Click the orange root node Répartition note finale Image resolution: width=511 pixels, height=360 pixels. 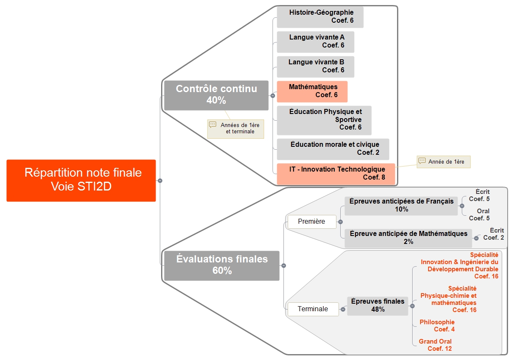tap(81, 180)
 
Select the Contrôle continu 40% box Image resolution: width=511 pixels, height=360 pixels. tap(216, 95)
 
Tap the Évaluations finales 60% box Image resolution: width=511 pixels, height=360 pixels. tap(222, 265)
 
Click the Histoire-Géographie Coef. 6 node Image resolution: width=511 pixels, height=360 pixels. tap(320, 17)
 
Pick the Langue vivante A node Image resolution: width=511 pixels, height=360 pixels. tap(315, 42)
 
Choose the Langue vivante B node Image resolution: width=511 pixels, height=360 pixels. tap(315, 66)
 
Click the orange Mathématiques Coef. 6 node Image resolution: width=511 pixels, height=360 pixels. tap(312, 91)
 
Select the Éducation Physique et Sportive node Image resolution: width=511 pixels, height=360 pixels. tap(324, 120)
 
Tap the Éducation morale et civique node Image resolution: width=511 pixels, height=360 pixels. tap(333, 149)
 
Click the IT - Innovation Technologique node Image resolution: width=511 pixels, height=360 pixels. tap(336, 174)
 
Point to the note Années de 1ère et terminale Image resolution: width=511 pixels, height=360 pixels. tap(236, 129)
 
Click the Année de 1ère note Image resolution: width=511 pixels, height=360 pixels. tap(444, 162)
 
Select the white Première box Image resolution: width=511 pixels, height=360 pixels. tap(311, 222)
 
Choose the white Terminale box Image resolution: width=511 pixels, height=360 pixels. tap(312, 309)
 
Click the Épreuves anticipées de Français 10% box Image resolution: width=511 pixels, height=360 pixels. tap(401, 206)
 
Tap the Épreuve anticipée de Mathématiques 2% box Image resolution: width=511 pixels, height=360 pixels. tap(408, 238)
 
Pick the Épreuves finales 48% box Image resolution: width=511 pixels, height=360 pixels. tap(377, 306)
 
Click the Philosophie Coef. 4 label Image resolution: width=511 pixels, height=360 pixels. tap(437, 326)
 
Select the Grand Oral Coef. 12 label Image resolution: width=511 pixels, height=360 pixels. tap(435, 345)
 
